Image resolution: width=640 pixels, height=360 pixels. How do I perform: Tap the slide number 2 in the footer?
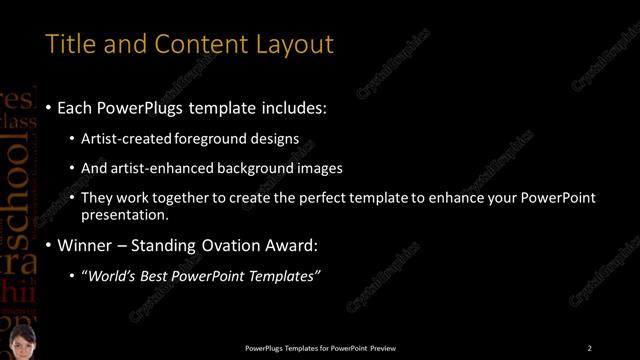point(589,348)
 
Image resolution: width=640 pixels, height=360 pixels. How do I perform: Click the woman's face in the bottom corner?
point(21,340)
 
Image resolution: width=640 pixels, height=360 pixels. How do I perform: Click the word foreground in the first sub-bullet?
point(210,138)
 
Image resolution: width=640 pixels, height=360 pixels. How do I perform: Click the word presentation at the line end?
point(125,214)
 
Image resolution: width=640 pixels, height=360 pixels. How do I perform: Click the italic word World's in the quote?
point(114,275)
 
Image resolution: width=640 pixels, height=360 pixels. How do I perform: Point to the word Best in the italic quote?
point(159,275)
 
